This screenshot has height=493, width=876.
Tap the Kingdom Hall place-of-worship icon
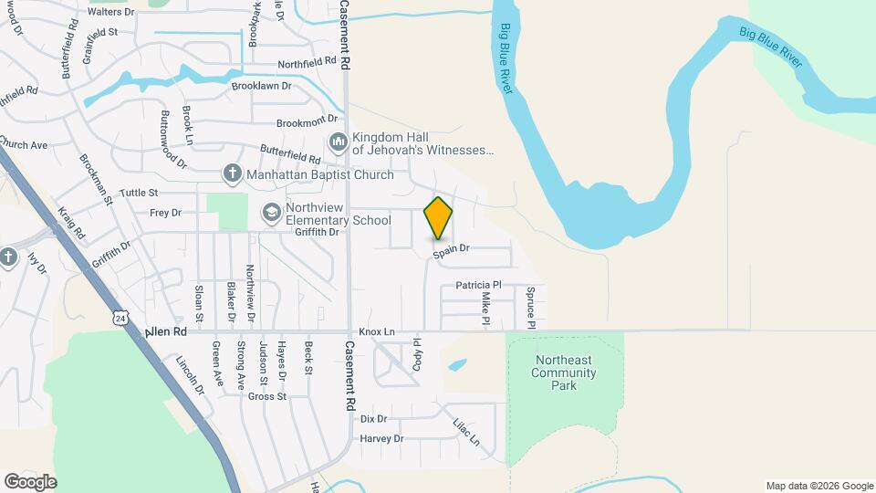click(339, 143)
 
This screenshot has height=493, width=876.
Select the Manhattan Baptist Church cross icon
click(233, 173)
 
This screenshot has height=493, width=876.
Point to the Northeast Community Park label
click(566, 372)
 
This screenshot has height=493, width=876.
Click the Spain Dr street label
click(451, 248)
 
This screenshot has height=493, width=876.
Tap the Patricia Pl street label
click(479, 285)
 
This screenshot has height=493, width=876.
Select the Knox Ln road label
click(377, 331)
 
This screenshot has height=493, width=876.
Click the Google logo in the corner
click(30, 481)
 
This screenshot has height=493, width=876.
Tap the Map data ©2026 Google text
click(819, 486)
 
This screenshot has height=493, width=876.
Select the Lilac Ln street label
click(466, 431)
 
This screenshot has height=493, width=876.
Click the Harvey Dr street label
click(381, 439)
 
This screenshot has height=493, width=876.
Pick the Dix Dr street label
click(374, 419)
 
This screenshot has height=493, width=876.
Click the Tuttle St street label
click(139, 193)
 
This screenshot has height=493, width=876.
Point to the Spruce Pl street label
click(530, 308)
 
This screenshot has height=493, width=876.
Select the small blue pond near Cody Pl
click(457, 364)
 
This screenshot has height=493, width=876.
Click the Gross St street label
click(267, 396)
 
